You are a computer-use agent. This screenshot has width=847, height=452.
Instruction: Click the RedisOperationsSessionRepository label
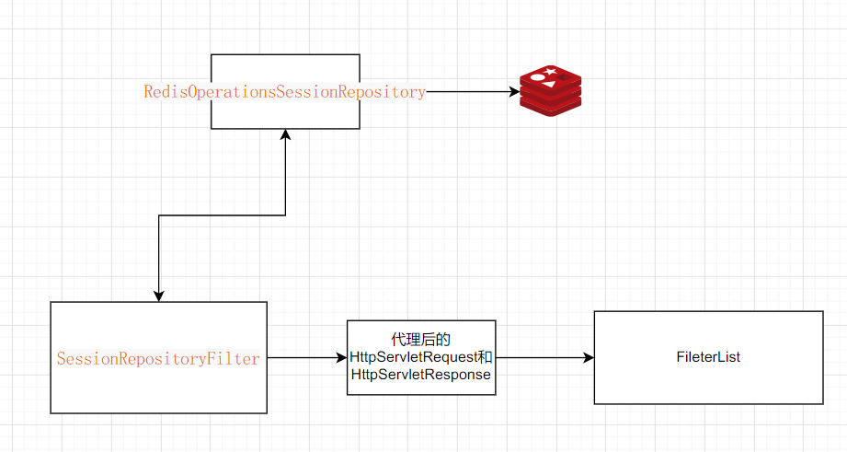click(x=284, y=92)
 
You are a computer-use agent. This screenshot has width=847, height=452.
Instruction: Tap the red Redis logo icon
click(x=550, y=92)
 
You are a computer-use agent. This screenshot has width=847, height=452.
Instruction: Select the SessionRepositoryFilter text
click(x=158, y=358)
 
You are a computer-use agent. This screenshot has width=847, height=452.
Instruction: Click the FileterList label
click(x=708, y=357)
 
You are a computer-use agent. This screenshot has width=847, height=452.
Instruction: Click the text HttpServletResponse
click(x=421, y=375)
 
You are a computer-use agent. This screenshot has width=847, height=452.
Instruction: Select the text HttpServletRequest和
click(x=421, y=357)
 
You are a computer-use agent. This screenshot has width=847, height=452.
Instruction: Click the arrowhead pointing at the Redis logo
click(x=515, y=92)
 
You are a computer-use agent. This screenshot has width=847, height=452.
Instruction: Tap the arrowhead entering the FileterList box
click(x=589, y=357)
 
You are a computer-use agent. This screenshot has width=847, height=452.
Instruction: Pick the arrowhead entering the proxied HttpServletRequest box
click(x=341, y=358)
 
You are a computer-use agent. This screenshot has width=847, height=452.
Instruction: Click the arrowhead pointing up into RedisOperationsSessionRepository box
click(x=286, y=134)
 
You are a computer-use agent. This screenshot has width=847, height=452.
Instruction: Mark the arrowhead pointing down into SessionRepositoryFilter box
click(x=159, y=296)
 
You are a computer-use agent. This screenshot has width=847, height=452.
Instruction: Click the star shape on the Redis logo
click(x=550, y=72)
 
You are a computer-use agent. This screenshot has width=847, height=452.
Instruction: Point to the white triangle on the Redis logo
click(x=549, y=84)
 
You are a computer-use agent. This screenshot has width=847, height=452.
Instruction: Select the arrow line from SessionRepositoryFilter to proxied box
click(x=303, y=358)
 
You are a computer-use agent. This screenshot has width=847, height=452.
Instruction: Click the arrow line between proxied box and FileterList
click(x=543, y=357)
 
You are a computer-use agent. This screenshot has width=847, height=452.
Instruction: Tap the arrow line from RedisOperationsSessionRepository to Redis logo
click(x=469, y=92)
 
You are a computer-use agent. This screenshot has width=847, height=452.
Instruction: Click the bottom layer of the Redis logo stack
click(x=550, y=108)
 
